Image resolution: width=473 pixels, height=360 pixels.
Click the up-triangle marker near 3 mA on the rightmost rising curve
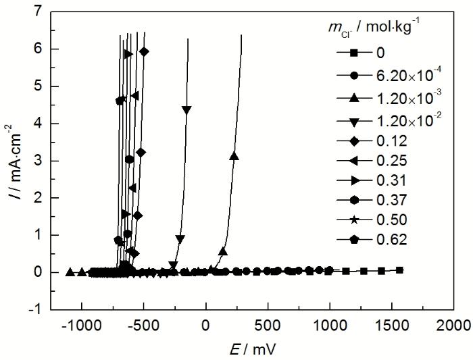tap(234, 156)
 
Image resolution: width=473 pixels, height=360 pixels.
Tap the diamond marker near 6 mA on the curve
tap(144, 51)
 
